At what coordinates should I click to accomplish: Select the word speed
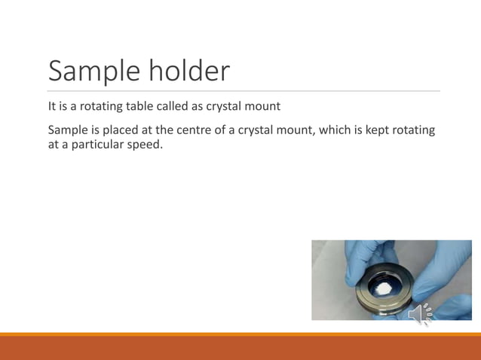click(x=146, y=144)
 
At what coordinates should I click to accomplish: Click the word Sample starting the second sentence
click(x=67, y=130)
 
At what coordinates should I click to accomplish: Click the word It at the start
click(x=52, y=106)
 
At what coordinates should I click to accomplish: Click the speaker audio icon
click(x=420, y=313)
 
